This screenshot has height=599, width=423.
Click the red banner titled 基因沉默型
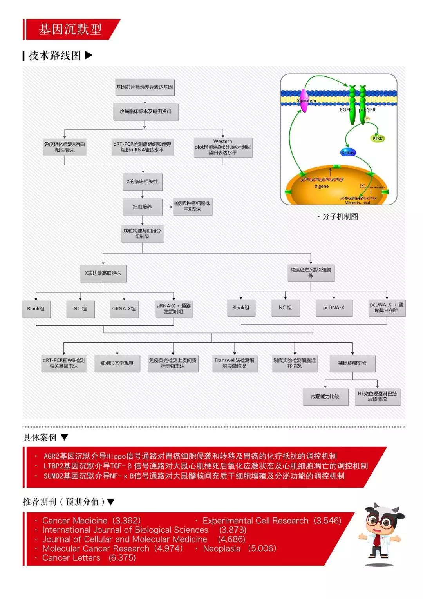(x=70, y=29)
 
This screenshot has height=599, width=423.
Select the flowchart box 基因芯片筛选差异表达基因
(x=144, y=87)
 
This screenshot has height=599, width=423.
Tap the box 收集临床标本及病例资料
(x=145, y=112)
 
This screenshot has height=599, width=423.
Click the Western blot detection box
(x=222, y=147)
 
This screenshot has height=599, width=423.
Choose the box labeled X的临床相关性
(x=142, y=182)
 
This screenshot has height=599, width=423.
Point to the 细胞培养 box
(x=142, y=207)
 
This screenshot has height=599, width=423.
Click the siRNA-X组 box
(x=124, y=309)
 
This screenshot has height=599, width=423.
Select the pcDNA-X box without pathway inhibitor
(x=334, y=308)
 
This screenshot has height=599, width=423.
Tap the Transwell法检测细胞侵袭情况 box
(x=234, y=363)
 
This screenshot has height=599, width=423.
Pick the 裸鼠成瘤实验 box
(x=352, y=363)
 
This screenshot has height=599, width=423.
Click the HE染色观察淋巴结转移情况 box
(x=377, y=396)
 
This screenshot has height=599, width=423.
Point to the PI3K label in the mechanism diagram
(x=378, y=138)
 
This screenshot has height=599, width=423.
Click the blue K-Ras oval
(x=348, y=152)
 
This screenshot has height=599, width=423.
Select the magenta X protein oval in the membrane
(x=304, y=101)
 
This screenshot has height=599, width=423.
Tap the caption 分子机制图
(x=340, y=216)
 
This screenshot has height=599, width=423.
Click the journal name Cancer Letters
(x=71, y=558)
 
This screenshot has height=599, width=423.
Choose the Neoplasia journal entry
(x=222, y=548)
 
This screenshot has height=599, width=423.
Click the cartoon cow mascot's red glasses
(x=381, y=522)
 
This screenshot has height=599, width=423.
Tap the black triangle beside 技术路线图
(x=89, y=55)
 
